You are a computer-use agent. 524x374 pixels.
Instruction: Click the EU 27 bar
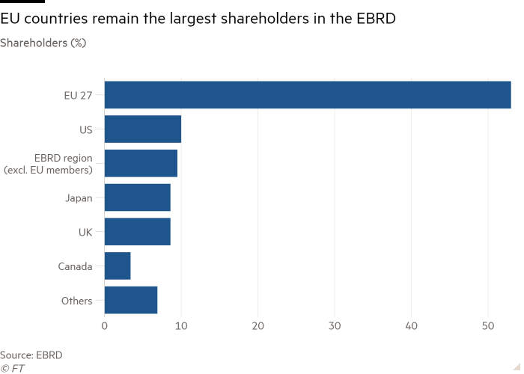tap(308, 95)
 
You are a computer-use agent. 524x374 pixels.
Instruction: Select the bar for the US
tap(143, 129)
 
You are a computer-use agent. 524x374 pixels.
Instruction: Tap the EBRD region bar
tap(141, 163)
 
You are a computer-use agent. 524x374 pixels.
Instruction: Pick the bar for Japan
tap(138, 197)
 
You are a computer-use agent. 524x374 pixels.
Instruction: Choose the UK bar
tap(138, 232)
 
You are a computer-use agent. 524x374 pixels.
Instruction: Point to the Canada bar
tap(118, 266)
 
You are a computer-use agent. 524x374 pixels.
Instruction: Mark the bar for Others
tap(131, 300)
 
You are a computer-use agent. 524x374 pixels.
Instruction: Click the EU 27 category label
tap(78, 95)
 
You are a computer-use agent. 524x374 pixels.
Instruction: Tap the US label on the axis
tap(85, 129)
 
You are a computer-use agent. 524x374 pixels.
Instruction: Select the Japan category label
tap(78, 197)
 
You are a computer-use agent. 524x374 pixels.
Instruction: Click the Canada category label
tap(75, 266)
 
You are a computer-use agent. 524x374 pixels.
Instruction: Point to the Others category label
tap(77, 301)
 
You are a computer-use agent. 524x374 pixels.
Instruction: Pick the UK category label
tap(85, 232)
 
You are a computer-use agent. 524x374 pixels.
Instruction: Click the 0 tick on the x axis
tap(105, 325)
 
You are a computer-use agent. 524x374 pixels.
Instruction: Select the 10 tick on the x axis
tap(181, 325)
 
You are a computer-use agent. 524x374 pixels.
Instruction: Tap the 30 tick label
tap(335, 325)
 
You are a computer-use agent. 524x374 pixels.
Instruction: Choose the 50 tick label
tap(487, 325)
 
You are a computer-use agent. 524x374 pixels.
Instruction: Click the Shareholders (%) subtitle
tap(43, 43)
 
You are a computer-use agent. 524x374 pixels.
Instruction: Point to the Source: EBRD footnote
tap(31, 355)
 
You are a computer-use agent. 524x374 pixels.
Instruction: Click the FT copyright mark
tap(13, 367)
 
